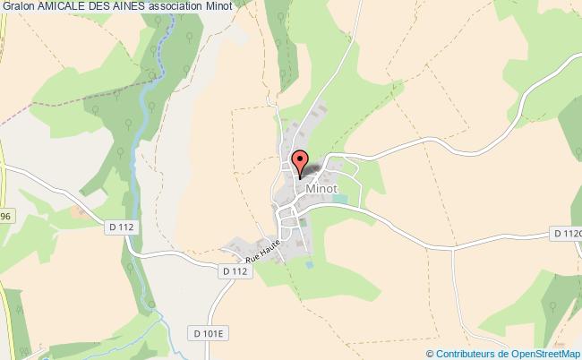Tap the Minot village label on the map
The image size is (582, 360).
click(x=321, y=189)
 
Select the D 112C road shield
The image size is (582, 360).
click(x=568, y=234)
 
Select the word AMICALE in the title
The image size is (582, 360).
click(x=66, y=8)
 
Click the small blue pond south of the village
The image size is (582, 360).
click(x=310, y=265)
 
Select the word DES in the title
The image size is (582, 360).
click(x=112, y=8)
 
